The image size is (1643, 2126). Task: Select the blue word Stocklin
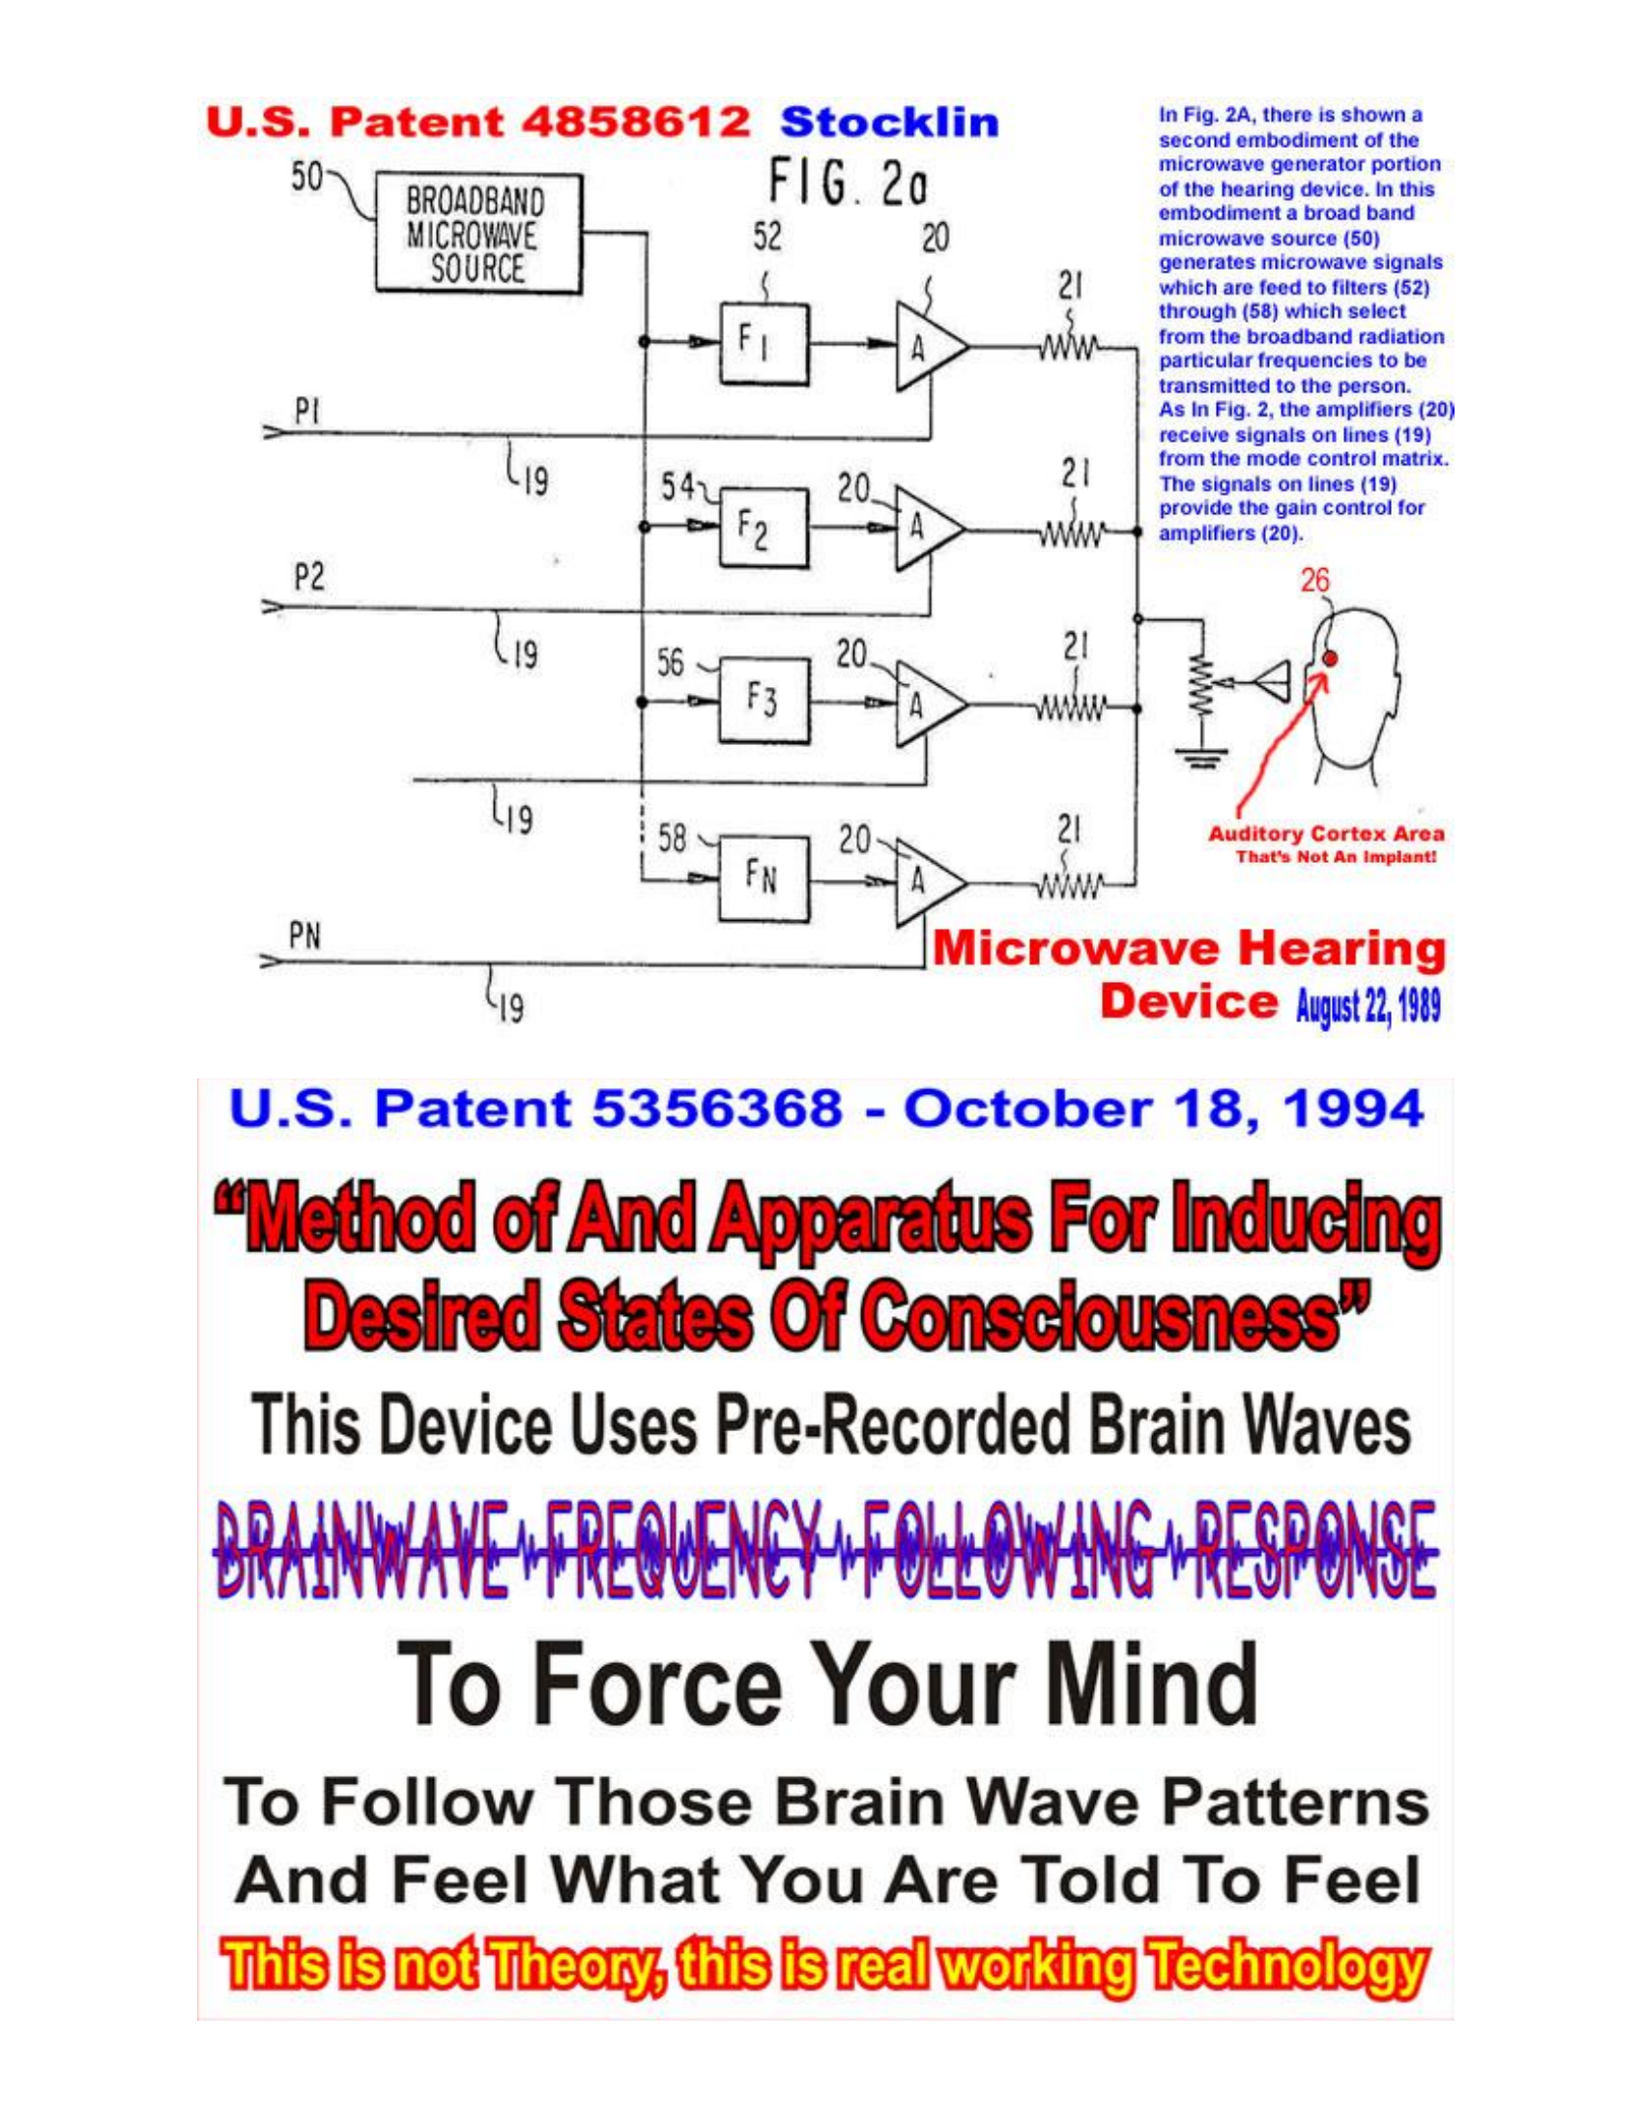(889, 123)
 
